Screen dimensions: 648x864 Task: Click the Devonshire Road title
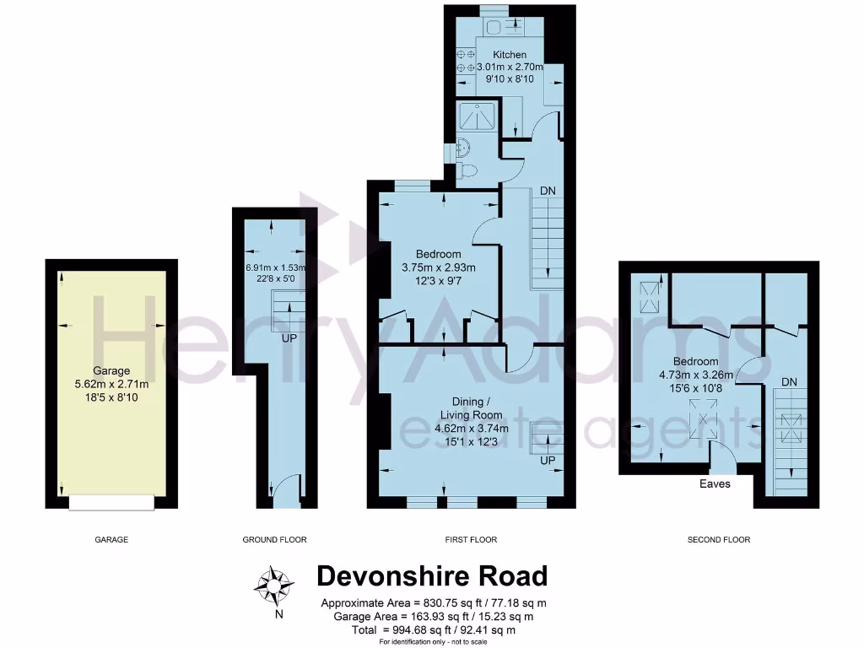point(432,576)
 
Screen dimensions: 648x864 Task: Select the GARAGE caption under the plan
point(111,539)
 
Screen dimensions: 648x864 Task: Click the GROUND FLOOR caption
point(274,539)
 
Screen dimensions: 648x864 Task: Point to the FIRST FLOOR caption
point(472,539)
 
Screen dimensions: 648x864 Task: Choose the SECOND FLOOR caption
point(718,539)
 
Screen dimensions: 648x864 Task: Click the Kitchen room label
point(510,55)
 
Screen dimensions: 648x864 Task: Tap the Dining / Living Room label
point(471,408)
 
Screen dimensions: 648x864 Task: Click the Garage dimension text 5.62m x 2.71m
point(111,384)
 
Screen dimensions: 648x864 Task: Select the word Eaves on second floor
point(715,484)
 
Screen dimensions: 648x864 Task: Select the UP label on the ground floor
point(288,337)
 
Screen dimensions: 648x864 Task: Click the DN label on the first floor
point(548,191)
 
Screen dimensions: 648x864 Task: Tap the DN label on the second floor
point(789,382)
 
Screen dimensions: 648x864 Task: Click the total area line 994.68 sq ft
point(432,629)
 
